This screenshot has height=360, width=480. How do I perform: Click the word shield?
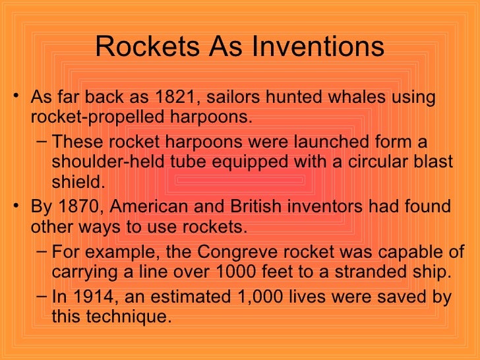click(78, 181)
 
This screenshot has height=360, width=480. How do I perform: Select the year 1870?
click(83, 206)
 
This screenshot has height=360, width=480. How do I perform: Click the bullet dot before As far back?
click(15, 98)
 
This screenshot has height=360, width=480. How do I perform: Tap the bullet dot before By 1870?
click(15, 207)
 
